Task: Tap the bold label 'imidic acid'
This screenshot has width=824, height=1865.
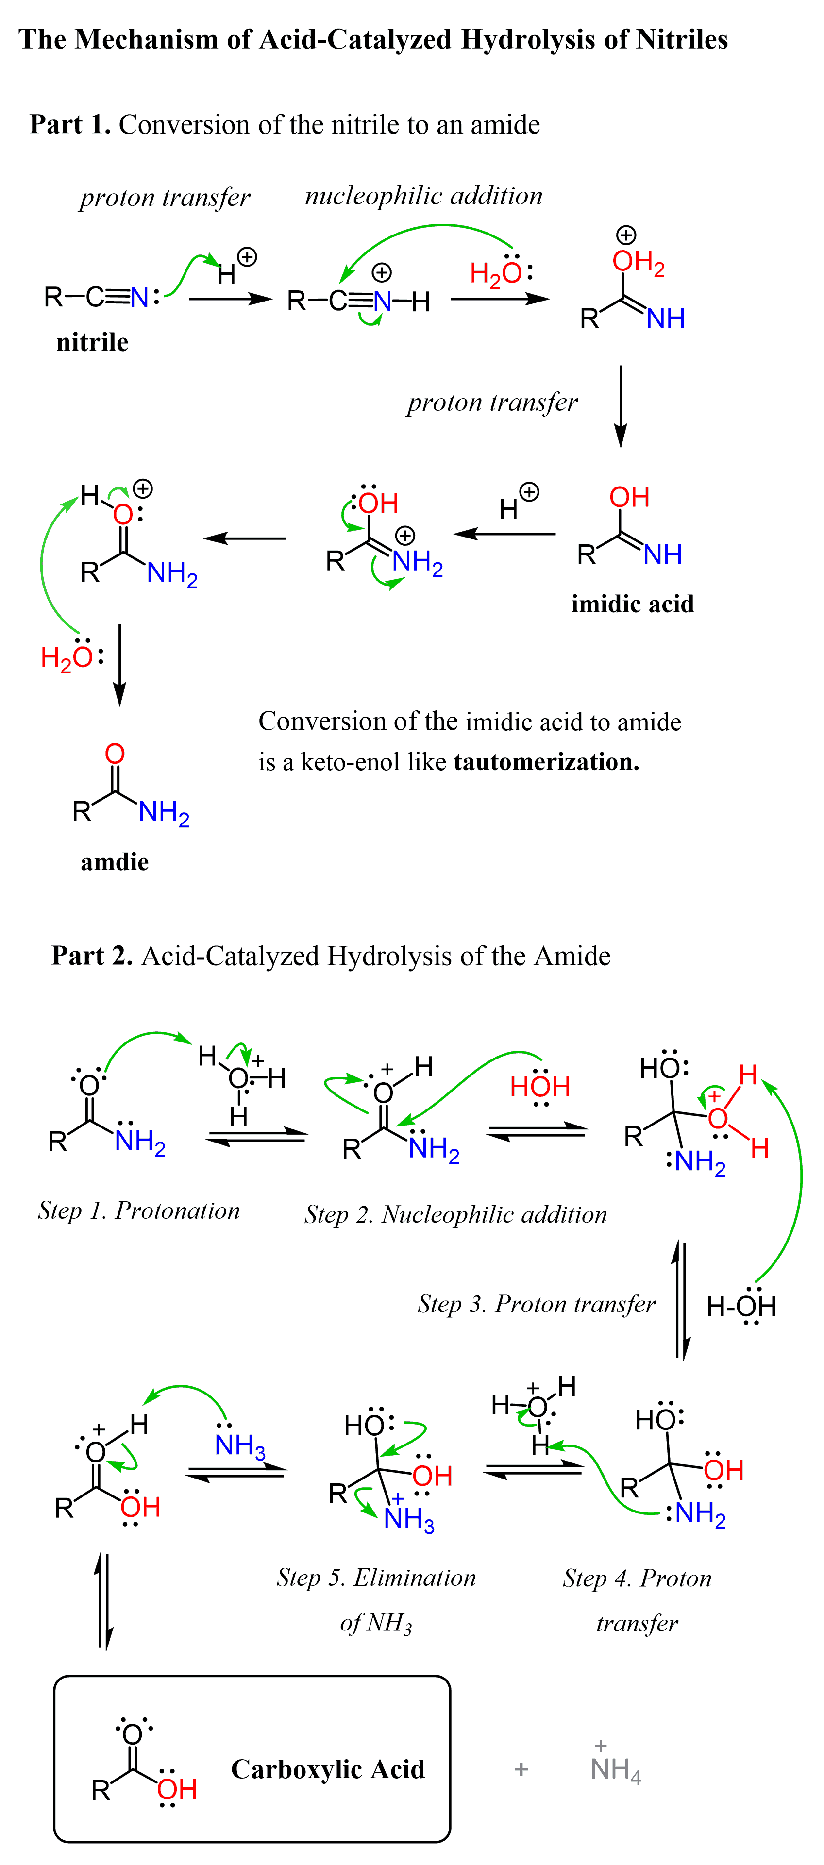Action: pos(632,604)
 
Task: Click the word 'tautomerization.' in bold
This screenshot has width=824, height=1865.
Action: pos(547,762)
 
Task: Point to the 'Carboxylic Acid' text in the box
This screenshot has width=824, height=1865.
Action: pos(328,1769)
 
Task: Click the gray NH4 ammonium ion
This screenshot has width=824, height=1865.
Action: pos(616,1769)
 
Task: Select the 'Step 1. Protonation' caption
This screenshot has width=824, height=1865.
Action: pos(139,1210)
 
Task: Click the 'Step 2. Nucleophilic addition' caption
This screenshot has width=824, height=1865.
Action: pos(455,1214)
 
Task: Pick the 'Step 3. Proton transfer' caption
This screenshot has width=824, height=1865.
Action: pos(537,1304)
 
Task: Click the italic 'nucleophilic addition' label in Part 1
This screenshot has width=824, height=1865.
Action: pos(423,196)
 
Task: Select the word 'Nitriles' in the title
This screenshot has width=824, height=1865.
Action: pos(682,40)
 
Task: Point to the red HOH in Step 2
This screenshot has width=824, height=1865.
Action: pos(540,1087)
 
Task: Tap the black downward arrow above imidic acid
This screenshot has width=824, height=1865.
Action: pos(621,405)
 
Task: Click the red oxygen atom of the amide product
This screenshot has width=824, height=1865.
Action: pos(115,754)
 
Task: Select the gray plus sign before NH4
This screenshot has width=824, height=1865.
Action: pos(521,1769)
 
